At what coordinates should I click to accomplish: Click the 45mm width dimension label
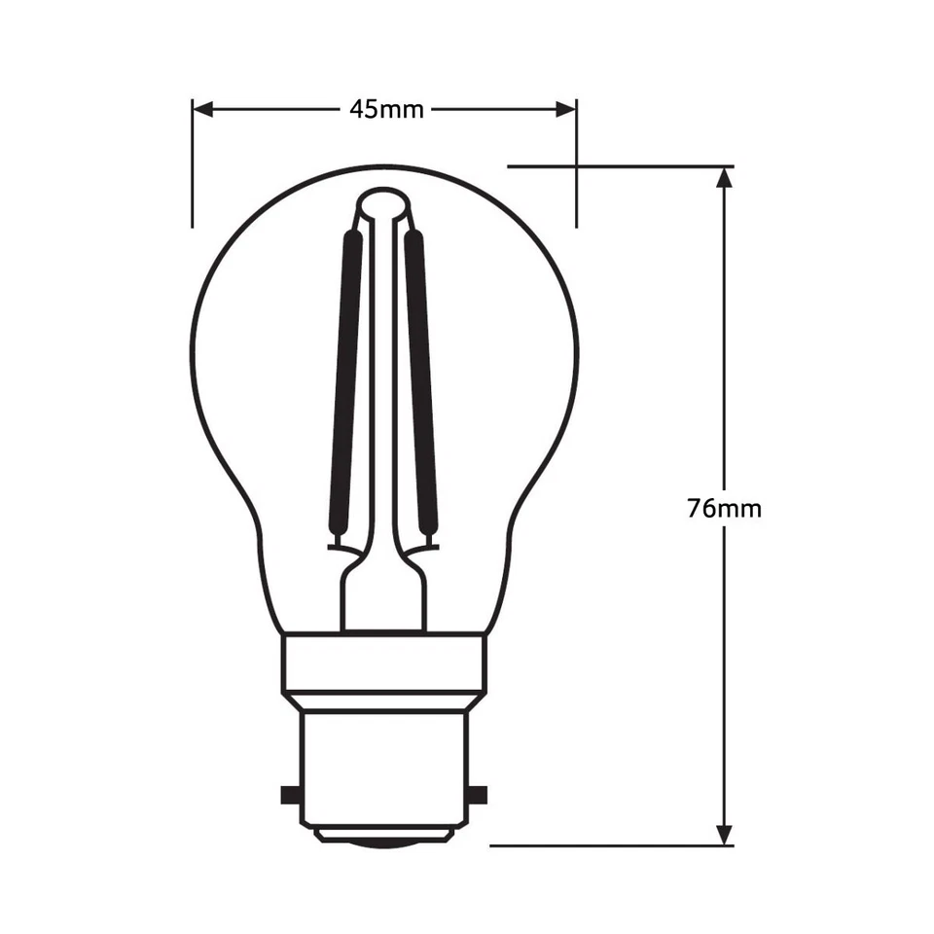(x=386, y=109)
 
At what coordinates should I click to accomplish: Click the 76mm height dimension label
(x=724, y=508)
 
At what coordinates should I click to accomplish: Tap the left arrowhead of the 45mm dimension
(x=201, y=109)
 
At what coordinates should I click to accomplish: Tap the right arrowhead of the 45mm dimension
(x=566, y=109)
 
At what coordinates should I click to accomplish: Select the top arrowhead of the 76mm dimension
(x=723, y=177)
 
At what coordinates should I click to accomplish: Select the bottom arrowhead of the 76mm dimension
(x=723, y=834)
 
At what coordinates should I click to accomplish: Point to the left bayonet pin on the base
(x=289, y=794)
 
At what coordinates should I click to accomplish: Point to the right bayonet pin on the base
(x=478, y=794)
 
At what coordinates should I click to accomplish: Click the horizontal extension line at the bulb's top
(x=623, y=166)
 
